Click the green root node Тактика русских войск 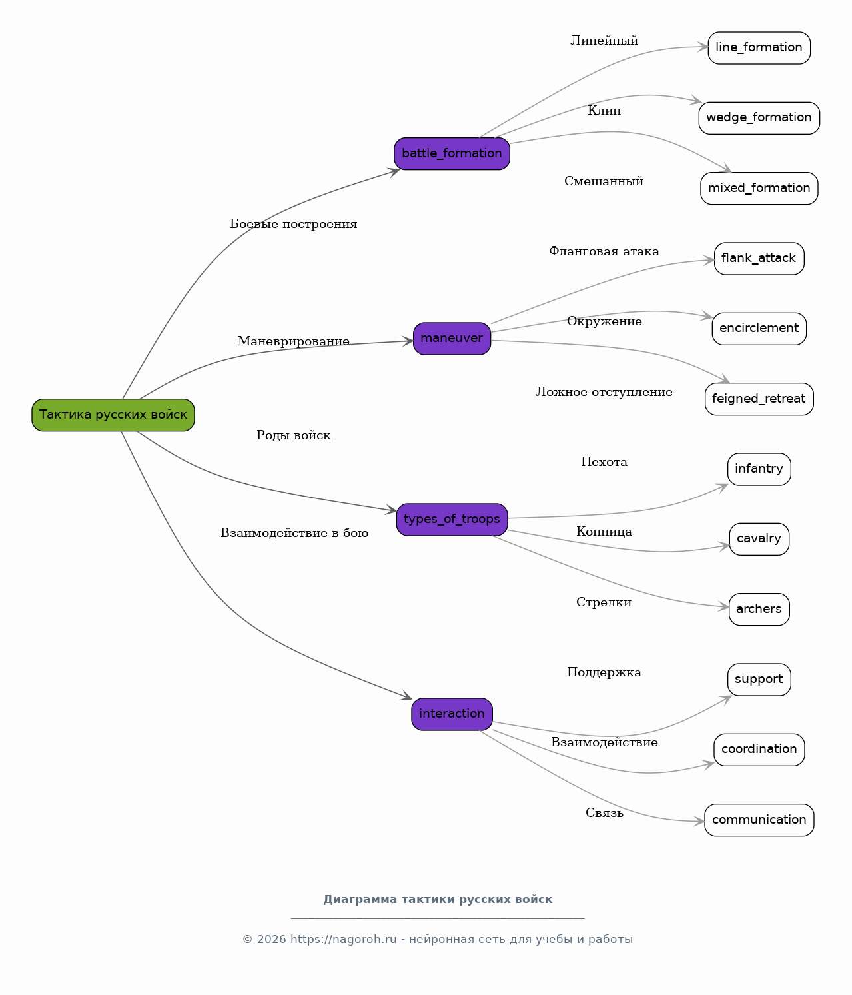click(x=113, y=415)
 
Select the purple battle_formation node click(x=452, y=153)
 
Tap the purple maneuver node click(x=452, y=339)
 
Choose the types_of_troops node click(x=452, y=519)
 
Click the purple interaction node click(x=452, y=714)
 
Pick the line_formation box click(x=759, y=48)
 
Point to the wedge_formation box click(x=759, y=118)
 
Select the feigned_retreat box click(x=759, y=399)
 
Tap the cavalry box click(x=759, y=539)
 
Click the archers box click(x=759, y=609)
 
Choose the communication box click(x=759, y=820)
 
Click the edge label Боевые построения click(x=294, y=225)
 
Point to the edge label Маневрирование click(x=294, y=341)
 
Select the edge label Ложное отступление click(x=604, y=392)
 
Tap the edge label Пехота click(x=604, y=462)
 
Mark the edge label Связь click(x=604, y=813)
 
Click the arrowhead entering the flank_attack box click(x=710, y=261)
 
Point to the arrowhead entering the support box click(x=727, y=700)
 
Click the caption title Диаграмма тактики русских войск click(x=437, y=900)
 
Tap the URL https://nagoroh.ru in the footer click(x=344, y=939)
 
